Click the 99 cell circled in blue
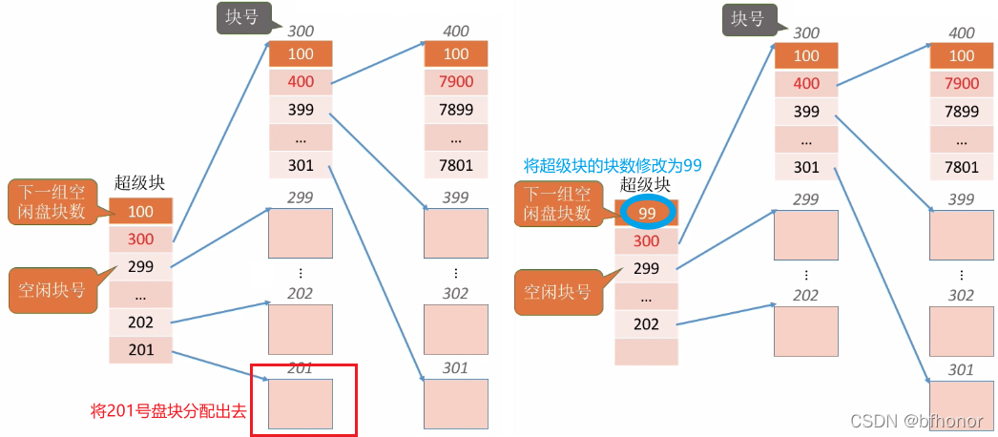tap(647, 213)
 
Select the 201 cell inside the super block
tap(140, 350)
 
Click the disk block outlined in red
tap(301, 404)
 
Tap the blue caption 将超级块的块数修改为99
tap(613, 165)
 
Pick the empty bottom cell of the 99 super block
tap(647, 351)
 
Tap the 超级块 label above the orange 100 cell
tap(141, 182)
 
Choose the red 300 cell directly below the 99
tap(647, 241)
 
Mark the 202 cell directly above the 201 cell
tap(140, 323)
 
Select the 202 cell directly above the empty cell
tap(647, 323)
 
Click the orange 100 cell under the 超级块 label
tap(140, 211)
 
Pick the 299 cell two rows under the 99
tap(647, 268)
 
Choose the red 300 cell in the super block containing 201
tap(140, 239)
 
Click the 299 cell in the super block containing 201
tap(140, 266)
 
